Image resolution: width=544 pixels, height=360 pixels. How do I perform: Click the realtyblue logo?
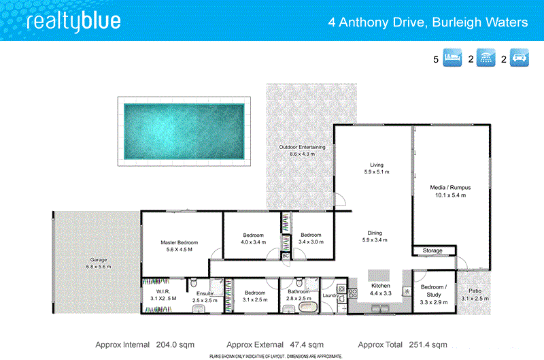click(x=73, y=22)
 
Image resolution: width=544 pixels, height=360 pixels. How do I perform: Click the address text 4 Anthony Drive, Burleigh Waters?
click(x=428, y=22)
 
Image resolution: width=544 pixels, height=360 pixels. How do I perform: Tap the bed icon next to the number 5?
click(x=452, y=59)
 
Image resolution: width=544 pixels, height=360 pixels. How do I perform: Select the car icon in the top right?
click(x=519, y=59)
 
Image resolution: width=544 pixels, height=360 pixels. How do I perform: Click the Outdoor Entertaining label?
click(x=302, y=147)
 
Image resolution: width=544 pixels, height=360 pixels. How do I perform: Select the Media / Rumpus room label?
click(x=450, y=187)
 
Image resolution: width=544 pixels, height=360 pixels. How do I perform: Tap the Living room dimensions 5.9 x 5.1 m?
click(x=376, y=172)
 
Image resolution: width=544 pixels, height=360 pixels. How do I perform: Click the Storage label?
click(x=432, y=251)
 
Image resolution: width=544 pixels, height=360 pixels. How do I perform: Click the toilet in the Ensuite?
click(x=194, y=282)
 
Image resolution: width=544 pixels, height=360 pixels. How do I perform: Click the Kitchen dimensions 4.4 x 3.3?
click(x=381, y=293)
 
